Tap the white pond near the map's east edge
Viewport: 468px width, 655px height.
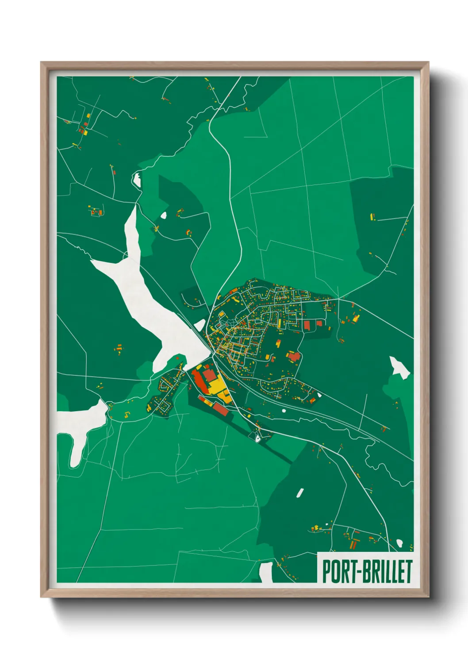click(x=399, y=367)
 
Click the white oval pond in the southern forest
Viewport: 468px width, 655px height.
click(x=300, y=492)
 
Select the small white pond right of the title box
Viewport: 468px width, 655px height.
click(x=400, y=543)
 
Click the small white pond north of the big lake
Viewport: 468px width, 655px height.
click(x=137, y=180)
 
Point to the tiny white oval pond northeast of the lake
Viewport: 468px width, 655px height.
click(x=163, y=216)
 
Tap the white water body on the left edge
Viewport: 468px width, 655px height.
click(x=80, y=425)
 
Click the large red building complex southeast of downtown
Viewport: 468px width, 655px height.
click(x=293, y=356)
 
